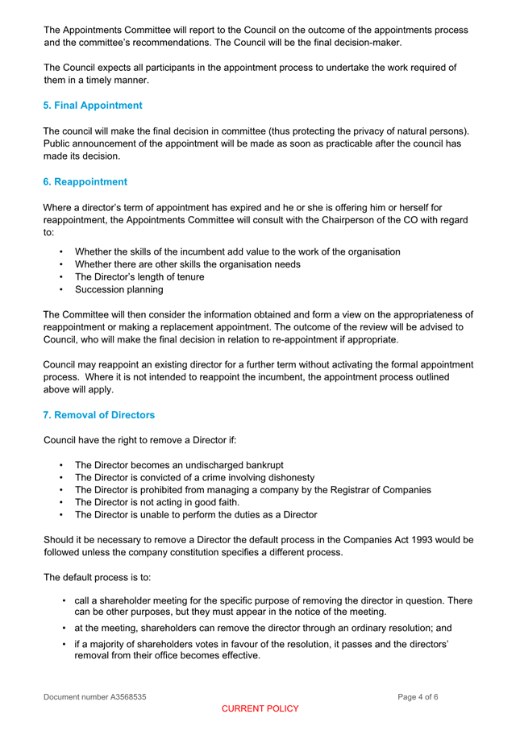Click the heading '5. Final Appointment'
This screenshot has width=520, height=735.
[x=93, y=106]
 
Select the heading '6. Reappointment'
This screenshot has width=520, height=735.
[x=85, y=182]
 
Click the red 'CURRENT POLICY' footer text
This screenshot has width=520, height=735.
[x=260, y=708]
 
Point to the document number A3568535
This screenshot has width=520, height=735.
[x=95, y=696]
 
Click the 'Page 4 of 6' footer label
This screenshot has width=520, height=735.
[x=418, y=696]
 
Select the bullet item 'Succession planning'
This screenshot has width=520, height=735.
[x=119, y=289]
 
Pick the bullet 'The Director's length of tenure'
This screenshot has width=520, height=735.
[x=139, y=277]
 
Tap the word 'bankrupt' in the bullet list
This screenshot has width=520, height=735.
[x=260, y=465]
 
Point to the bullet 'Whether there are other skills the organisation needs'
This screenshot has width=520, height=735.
[x=188, y=264]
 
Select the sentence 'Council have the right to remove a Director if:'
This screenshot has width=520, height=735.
[x=139, y=441]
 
